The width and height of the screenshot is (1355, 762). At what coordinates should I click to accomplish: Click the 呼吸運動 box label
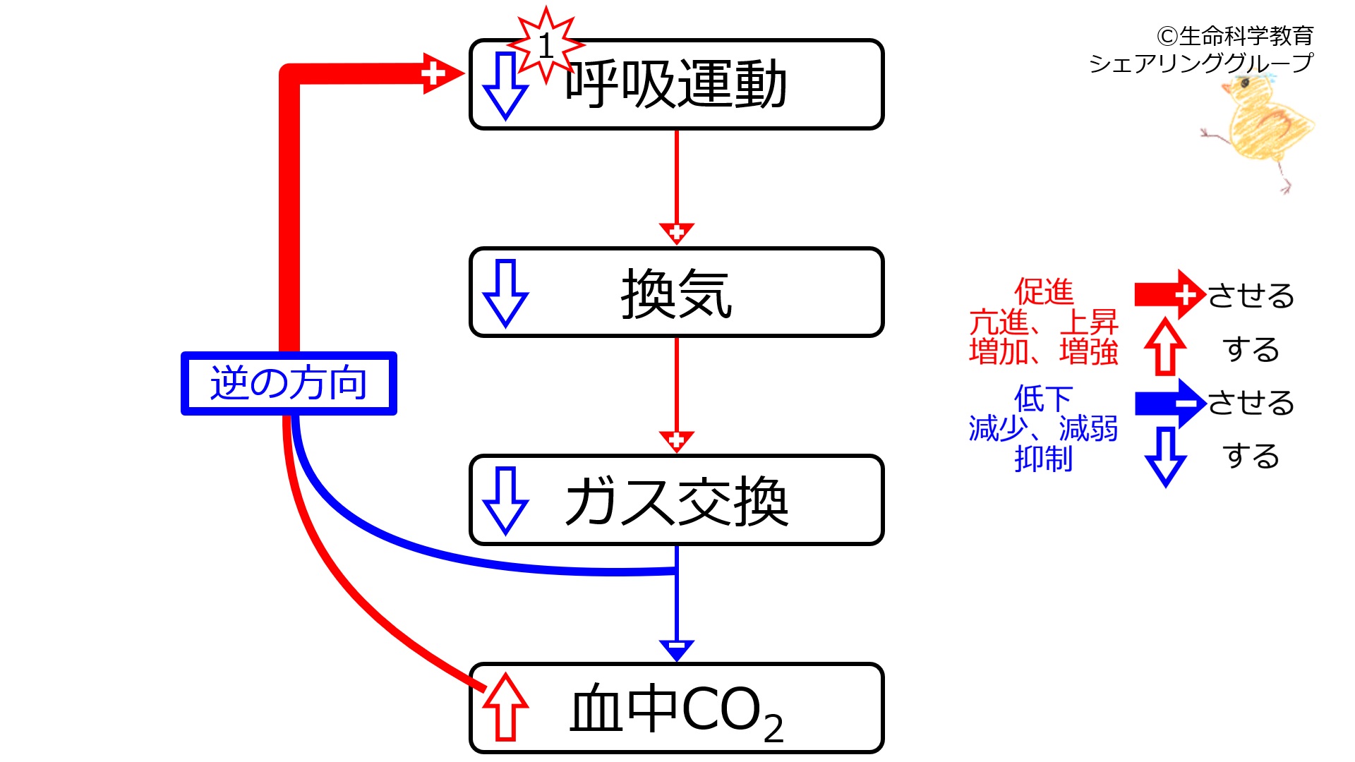pyautogui.click(x=676, y=85)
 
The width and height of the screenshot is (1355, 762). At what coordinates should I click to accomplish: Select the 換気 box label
pyautogui.click(x=676, y=294)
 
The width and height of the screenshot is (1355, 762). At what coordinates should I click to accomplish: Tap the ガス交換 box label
pyautogui.click(x=676, y=501)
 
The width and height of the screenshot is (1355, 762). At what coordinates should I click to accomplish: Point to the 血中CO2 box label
pyautogui.click(x=676, y=711)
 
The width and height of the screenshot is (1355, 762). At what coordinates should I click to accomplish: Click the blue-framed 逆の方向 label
pyautogui.click(x=289, y=383)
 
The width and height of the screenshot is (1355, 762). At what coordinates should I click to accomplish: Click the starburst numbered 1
pyautogui.click(x=546, y=45)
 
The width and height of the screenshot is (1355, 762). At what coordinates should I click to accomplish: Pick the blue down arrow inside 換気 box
pyautogui.click(x=505, y=294)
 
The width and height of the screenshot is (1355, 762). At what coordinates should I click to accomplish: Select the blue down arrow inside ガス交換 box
pyautogui.click(x=505, y=501)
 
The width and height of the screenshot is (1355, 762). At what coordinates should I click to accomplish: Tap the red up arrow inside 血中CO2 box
pyautogui.click(x=505, y=707)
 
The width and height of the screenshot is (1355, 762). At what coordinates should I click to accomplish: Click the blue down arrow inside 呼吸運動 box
pyautogui.click(x=505, y=86)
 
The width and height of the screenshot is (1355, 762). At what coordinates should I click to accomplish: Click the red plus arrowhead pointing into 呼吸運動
pyautogui.click(x=442, y=73)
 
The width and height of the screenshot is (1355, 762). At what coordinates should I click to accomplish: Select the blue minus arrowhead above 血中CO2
pyautogui.click(x=676, y=650)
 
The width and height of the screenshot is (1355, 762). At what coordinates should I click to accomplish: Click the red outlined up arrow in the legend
pyautogui.click(x=1165, y=346)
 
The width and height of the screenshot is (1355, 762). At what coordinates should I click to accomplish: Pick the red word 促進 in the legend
pyautogui.click(x=1044, y=291)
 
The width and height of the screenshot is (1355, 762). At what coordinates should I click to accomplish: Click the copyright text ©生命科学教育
pyautogui.click(x=1234, y=35)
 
